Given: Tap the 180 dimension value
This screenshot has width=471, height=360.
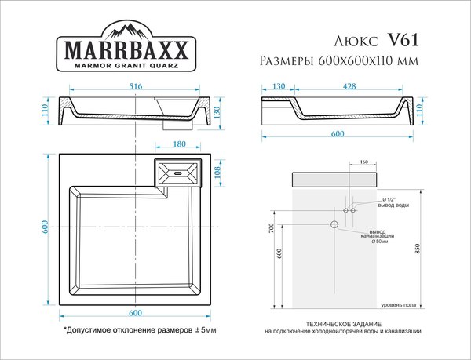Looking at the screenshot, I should (179, 144).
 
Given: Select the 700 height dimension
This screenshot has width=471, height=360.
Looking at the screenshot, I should (269, 229).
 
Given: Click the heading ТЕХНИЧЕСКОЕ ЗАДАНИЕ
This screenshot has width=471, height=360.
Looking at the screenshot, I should (342, 324).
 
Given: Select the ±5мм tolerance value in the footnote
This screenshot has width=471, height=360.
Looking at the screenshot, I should (206, 331).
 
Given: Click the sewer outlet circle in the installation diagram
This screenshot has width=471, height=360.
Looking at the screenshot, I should (334, 225).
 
